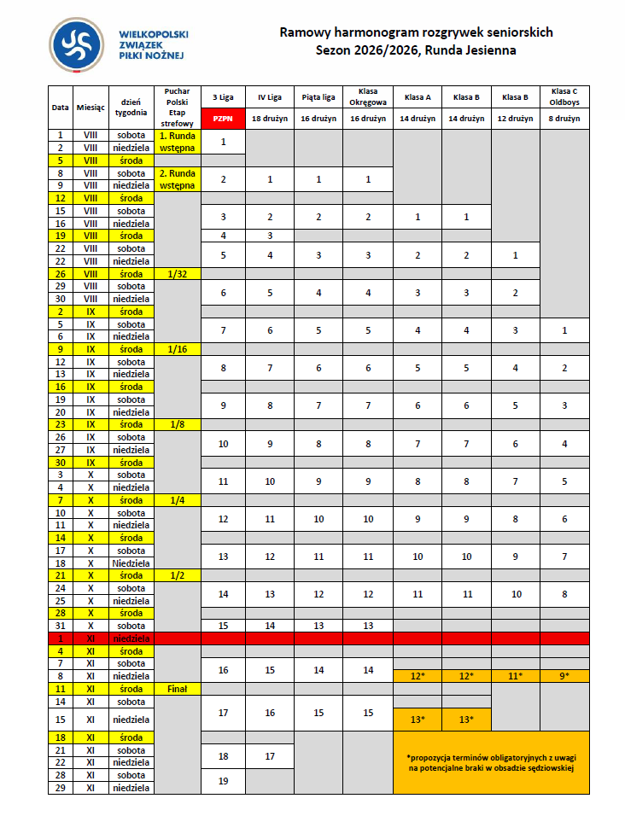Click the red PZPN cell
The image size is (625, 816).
click(x=223, y=119)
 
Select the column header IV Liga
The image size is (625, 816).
click(x=270, y=97)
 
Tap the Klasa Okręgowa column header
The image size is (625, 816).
click(x=368, y=96)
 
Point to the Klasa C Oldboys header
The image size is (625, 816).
click(x=564, y=96)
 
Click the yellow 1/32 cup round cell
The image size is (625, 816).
click(x=178, y=274)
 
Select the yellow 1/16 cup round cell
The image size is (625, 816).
click(x=178, y=349)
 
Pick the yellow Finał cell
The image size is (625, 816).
click(x=178, y=688)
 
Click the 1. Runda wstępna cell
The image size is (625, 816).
click(x=178, y=141)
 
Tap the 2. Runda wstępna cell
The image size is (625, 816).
click(x=178, y=179)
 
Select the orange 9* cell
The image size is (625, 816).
click(x=564, y=676)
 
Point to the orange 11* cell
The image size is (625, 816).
click(x=516, y=676)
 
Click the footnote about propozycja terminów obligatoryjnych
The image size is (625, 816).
click(x=491, y=762)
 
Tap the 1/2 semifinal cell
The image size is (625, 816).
click(x=178, y=575)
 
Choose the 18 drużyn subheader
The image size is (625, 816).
click(x=270, y=119)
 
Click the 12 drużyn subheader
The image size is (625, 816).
click(x=516, y=119)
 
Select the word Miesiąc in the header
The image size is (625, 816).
click(x=91, y=108)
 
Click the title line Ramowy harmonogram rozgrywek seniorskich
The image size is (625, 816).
click(x=417, y=32)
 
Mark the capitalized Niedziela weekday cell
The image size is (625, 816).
click(x=131, y=563)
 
